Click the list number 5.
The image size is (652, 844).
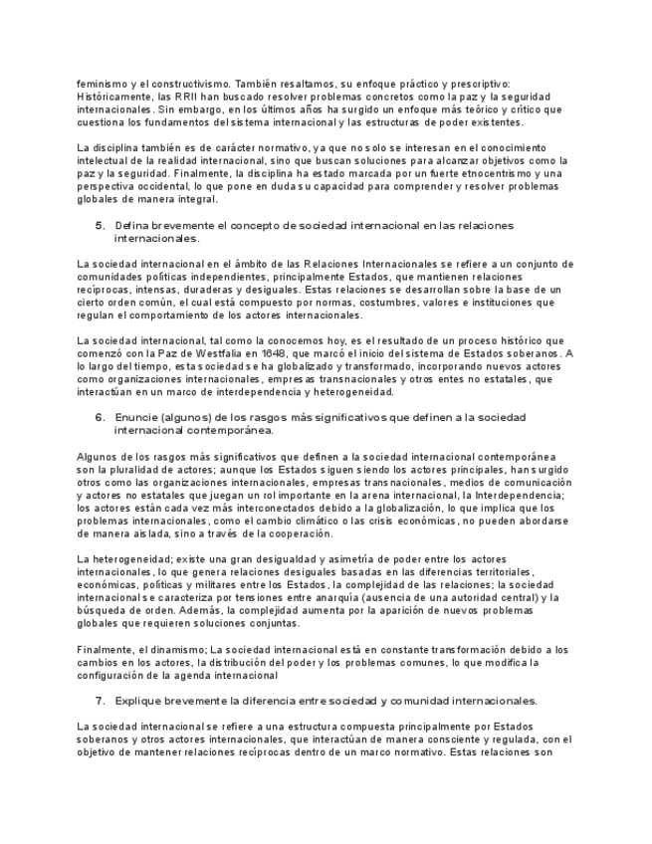pyautogui.click(x=100, y=226)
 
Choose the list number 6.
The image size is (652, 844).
pyautogui.click(x=100, y=417)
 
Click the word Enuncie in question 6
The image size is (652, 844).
pyautogui.click(x=136, y=417)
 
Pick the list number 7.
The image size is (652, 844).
pyautogui.click(x=100, y=701)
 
